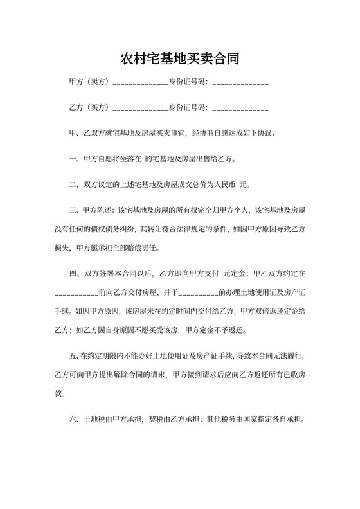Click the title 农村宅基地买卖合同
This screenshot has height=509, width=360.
(180, 60)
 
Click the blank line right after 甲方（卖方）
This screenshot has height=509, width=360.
(140, 84)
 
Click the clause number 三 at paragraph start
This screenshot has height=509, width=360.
(72, 210)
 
